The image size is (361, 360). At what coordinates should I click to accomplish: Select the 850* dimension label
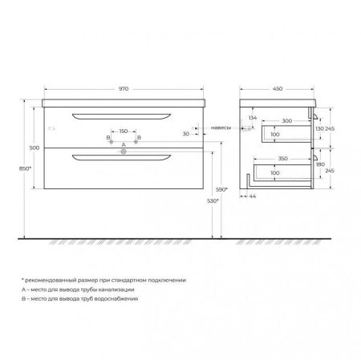[x=26, y=169]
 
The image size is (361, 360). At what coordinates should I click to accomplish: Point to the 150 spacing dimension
[x=124, y=130]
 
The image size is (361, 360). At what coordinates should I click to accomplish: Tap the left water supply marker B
[x=108, y=139]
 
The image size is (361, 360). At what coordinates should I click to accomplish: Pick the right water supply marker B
[x=140, y=139]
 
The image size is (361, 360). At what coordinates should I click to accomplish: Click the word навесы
[x=222, y=127]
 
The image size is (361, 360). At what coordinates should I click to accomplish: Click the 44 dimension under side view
[x=253, y=196]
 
